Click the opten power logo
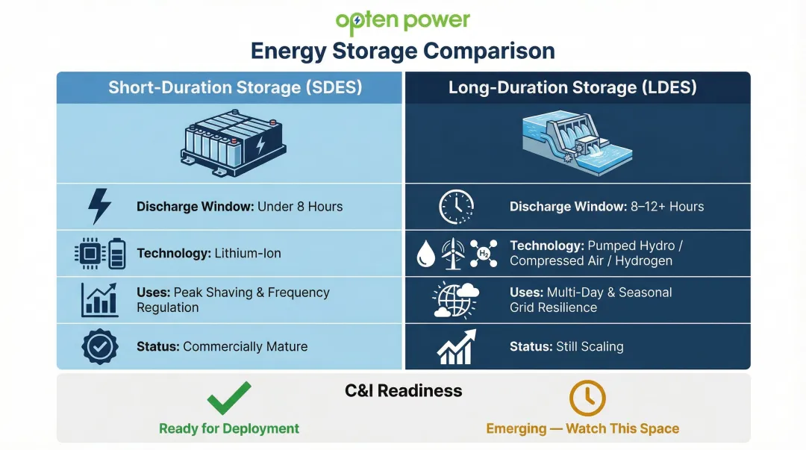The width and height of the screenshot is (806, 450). [x=402, y=22]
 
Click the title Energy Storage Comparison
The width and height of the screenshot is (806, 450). [x=402, y=51]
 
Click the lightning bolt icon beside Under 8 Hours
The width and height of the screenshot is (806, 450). [x=99, y=207]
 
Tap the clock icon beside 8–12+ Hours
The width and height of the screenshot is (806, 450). [x=456, y=207]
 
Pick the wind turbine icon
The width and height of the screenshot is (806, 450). [x=453, y=254]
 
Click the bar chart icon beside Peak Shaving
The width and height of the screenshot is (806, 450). [x=100, y=300]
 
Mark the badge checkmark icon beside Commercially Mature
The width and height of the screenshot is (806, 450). [x=99, y=346]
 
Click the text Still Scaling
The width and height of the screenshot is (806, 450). [x=590, y=347]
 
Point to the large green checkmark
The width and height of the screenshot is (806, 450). [x=228, y=399]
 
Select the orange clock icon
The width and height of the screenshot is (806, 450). [x=587, y=399]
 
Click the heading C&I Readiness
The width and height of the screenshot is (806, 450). [x=403, y=391]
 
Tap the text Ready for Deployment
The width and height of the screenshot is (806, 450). [x=228, y=429]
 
